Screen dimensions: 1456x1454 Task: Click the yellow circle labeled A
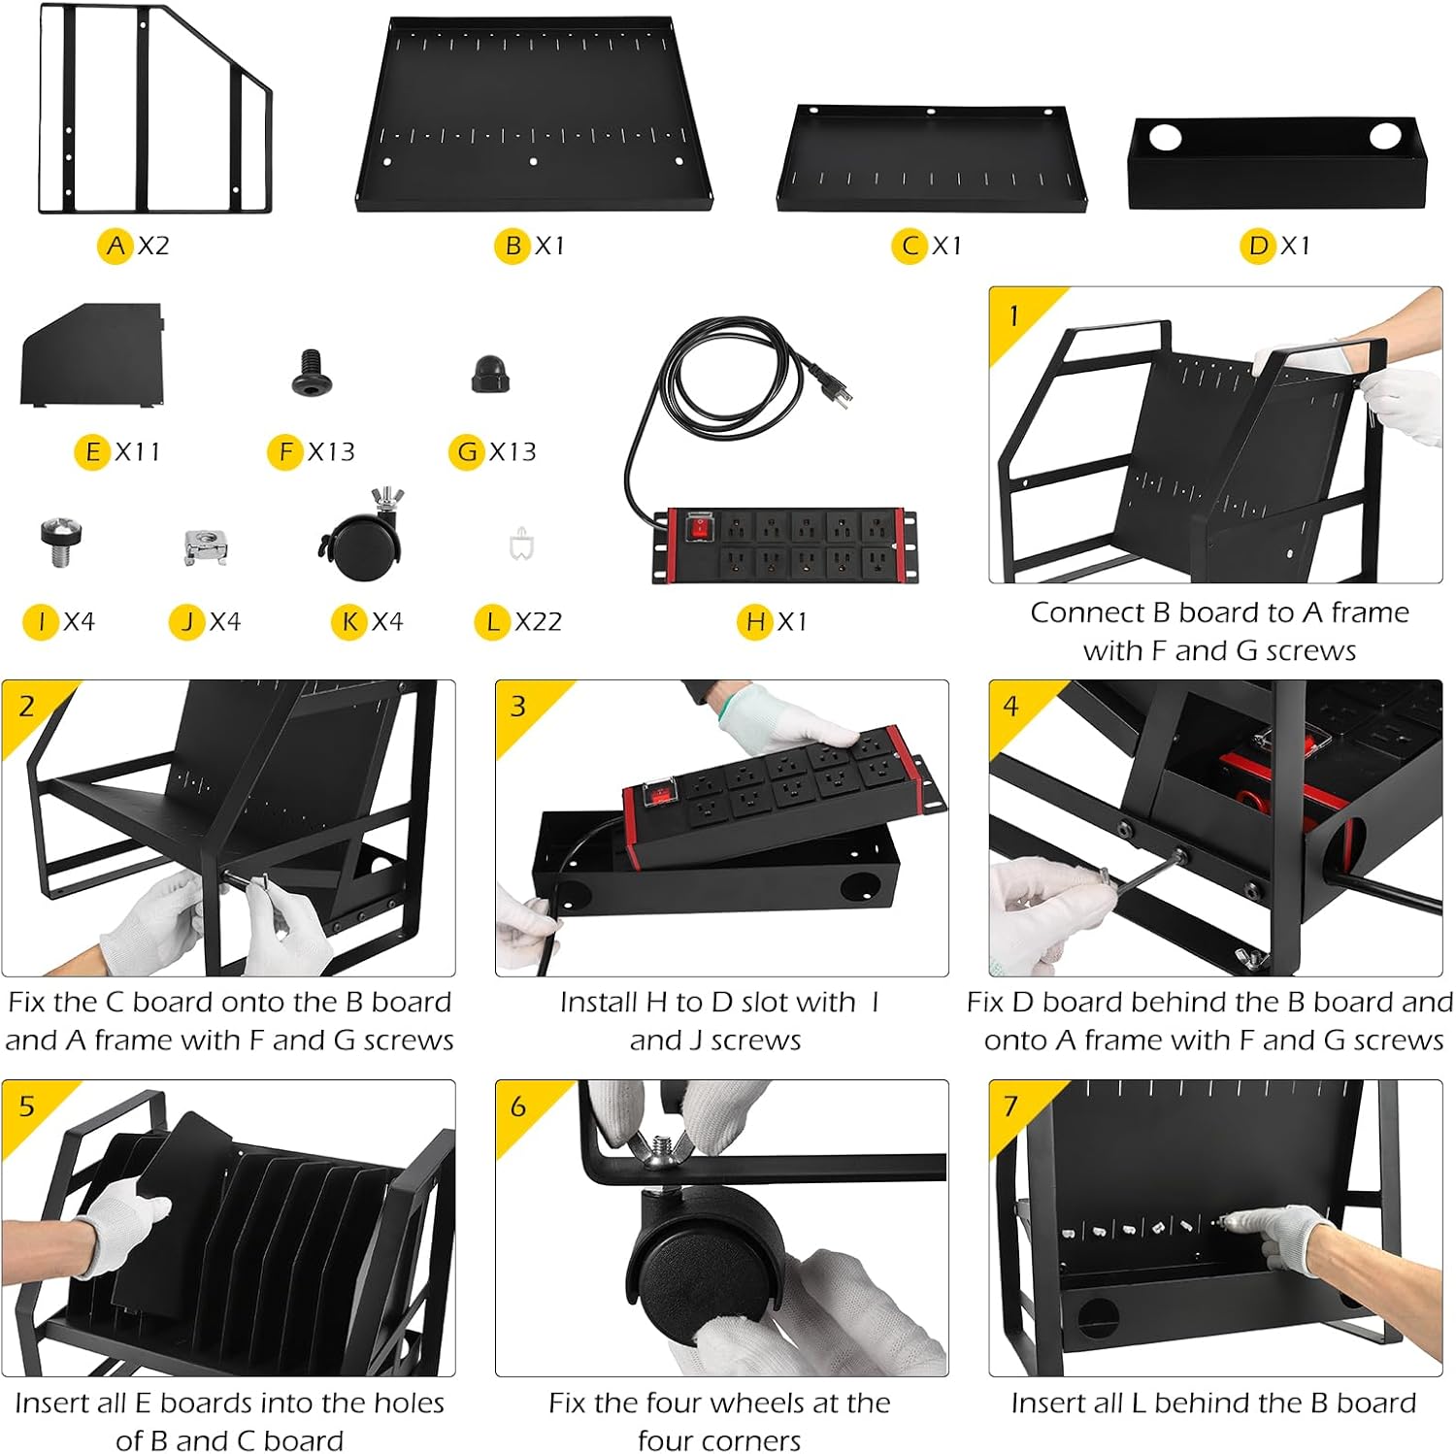point(116,246)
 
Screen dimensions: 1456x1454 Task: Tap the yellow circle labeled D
point(1258,246)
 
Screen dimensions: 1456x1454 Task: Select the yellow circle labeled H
point(755,621)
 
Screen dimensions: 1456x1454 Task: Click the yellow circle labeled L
point(492,621)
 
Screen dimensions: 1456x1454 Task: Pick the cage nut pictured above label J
point(206,546)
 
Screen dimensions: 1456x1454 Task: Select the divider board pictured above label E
point(92,354)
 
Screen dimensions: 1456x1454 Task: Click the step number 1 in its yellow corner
point(1013,315)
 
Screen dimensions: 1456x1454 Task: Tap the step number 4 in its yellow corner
point(1011,706)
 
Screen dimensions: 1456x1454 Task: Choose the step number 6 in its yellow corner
point(518,1107)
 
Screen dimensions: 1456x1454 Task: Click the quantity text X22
point(539,621)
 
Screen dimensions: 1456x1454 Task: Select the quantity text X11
point(138,451)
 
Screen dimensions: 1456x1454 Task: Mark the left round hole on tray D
point(1165,137)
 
